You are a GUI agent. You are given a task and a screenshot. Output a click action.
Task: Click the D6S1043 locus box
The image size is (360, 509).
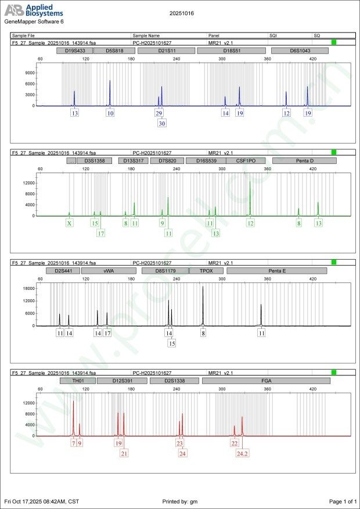300,51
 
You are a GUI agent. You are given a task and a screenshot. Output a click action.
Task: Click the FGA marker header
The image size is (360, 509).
265,381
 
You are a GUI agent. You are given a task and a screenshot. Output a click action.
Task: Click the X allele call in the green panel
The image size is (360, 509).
69,223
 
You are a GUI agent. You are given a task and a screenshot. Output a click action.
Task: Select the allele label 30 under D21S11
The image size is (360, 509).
161,123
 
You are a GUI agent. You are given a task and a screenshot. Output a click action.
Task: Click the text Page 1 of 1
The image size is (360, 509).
342,501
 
